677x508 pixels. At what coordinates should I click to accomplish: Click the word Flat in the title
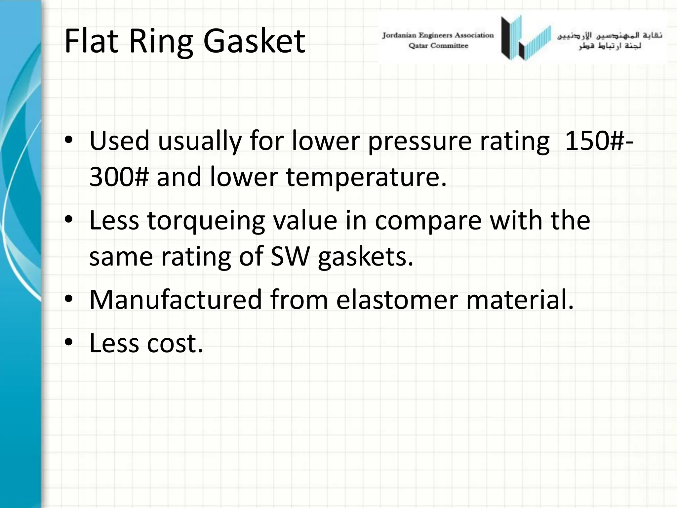point(91,41)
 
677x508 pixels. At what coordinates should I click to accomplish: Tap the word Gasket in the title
point(254,42)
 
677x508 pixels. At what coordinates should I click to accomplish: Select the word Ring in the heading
point(161,42)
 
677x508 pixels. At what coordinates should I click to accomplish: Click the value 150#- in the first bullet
point(599,141)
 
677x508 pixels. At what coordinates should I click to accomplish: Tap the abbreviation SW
point(290,257)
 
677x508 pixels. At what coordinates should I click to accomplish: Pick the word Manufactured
point(176,300)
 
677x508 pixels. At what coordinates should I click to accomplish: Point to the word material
point(520,300)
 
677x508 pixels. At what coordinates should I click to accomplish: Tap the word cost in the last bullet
point(175,343)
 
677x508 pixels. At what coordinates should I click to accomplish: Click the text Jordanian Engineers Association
point(438,35)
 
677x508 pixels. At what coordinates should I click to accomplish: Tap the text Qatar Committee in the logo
point(438,46)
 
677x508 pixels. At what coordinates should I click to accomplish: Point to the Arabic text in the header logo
point(610,41)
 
